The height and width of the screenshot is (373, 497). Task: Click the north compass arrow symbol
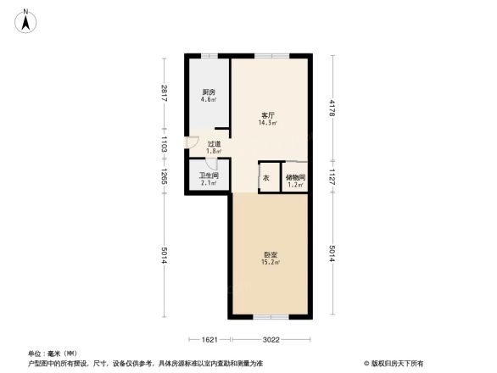[x=25, y=19]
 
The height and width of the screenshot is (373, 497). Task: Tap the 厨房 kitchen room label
[x=208, y=92]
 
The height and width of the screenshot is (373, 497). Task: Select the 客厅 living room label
[x=267, y=114]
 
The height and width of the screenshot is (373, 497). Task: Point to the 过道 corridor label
[x=214, y=144]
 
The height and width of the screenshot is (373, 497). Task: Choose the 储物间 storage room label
[x=295, y=176]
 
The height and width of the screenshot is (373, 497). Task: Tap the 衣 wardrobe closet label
[x=265, y=178]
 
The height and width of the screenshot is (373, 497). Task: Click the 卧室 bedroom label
[x=267, y=254]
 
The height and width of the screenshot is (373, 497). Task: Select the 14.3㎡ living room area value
[x=267, y=123]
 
